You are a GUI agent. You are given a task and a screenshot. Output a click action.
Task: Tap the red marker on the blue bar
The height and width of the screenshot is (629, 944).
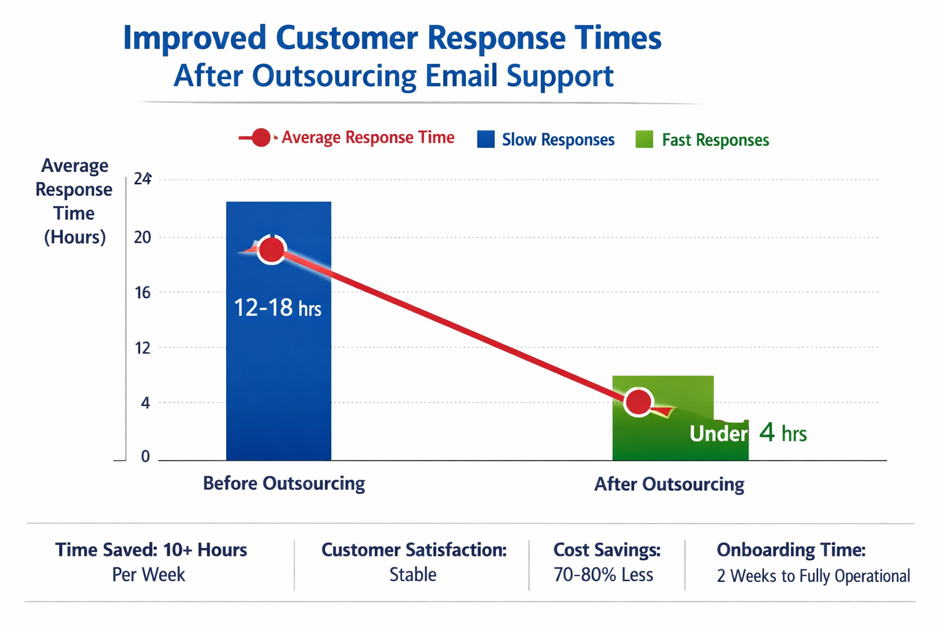pyautogui.click(x=272, y=249)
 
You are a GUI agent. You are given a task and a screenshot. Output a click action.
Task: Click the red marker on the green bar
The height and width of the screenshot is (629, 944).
pyautogui.click(x=639, y=402)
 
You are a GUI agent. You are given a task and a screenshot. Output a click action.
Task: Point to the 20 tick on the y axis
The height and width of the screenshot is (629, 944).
pyautogui.click(x=143, y=237)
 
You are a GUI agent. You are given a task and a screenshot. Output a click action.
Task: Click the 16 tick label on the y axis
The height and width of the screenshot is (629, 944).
pyautogui.click(x=143, y=292)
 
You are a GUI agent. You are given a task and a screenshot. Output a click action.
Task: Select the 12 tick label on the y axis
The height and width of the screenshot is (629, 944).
pyautogui.click(x=143, y=348)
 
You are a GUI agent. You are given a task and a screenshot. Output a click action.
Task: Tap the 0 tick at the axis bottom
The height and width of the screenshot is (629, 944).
pyautogui.click(x=145, y=456)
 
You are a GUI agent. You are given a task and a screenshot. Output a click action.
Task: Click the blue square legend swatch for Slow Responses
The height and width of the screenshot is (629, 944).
pyautogui.click(x=486, y=139)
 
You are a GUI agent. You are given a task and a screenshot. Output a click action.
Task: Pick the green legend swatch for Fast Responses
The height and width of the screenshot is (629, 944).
pyautogui.click(x=644, y=139)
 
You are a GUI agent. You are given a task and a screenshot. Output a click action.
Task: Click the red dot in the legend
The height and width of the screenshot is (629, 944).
pyautogui.click(x=261, y=138)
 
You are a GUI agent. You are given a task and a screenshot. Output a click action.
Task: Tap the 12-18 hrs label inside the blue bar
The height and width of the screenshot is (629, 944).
pyautogui.click(x=277, y=308)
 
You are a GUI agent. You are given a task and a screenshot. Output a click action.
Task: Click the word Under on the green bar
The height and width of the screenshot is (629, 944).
pyautogui.click(x=718, y=434)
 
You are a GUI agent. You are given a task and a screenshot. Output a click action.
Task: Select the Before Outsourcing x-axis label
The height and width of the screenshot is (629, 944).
pyautogui.click(x=284, y=483)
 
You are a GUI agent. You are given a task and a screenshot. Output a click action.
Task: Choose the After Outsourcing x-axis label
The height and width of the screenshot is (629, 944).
pyautogui.click(x=669, y=484)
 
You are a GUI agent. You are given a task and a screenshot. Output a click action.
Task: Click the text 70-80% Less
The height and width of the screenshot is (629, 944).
pyautogui.click(x=603, y=574)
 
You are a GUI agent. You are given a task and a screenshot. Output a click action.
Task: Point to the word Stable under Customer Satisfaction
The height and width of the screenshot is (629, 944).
pyautogui.click(x=413, y=574)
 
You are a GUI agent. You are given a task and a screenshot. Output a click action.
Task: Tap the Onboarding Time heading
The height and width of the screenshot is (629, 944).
pyautogui.click(x=791, y=549)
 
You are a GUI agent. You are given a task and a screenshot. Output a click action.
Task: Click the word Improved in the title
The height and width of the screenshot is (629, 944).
pyautogui.click(x=194, y=37)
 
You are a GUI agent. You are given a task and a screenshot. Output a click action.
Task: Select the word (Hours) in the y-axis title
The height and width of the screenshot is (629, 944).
pyautogui.click(x=74, y=237)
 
